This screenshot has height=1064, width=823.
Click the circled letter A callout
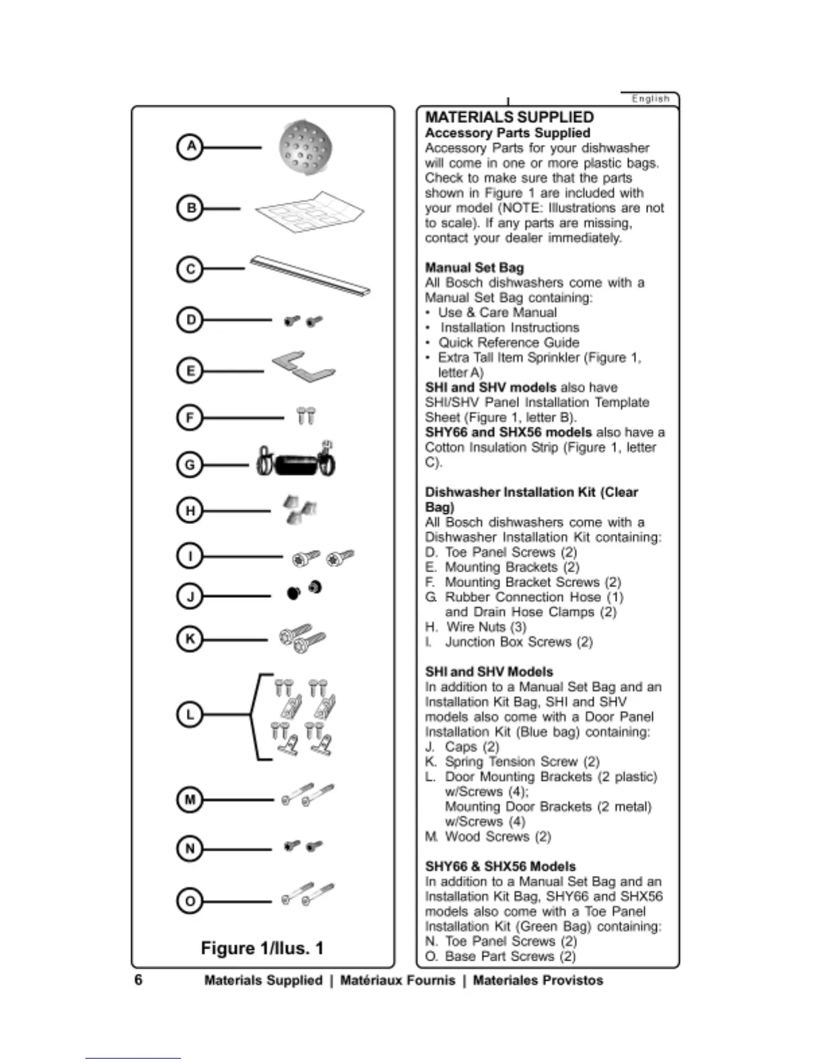pos(191,146)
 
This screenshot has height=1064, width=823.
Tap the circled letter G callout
pos(190,464)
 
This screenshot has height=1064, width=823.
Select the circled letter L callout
pos(190,715)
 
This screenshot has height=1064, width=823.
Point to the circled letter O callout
pos(190,901)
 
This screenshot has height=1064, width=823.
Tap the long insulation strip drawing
pos(310,275)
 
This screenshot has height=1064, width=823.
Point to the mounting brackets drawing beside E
pos(303,366)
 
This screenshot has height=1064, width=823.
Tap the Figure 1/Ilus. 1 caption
pos(262,948)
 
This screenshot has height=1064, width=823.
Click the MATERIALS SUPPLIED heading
pos(509,118)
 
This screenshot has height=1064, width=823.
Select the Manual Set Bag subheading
pos(474,267)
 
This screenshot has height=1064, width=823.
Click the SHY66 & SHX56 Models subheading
pos(500,867)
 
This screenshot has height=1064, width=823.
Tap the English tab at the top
pos(650,99)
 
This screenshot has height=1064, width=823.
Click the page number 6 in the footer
pos(139,980)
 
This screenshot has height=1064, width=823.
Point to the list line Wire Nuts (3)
pos(486,627)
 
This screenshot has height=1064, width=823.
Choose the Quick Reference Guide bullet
pos(509,343)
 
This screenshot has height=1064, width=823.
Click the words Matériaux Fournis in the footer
pos(397,981)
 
